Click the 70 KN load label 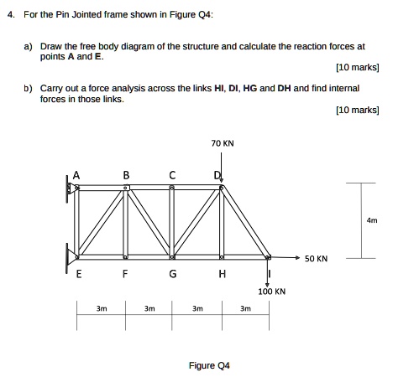(x=223, y=143)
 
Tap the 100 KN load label (x=273, y=292)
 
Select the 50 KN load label (x=317, y=259)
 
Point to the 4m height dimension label (x=373, y=220)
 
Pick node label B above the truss (x=126, y=175)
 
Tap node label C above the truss (x=172, y=175)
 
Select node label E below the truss (x=77, y=273)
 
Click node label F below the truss (x=126, y=273)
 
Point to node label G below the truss (x=173, y=273)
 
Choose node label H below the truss (x=222, y=273)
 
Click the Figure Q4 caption (x=209, y=365)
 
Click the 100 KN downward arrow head (x=268, y=283)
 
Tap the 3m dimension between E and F (x=101, y=308)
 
